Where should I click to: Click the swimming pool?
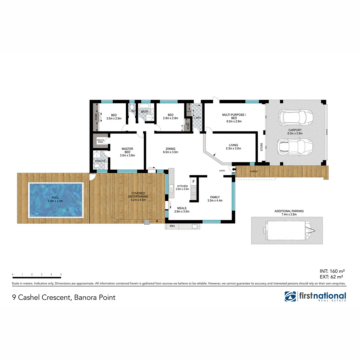click(56, 200)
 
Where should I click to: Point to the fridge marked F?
click(193, 182)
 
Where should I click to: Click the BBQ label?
click(172, 226)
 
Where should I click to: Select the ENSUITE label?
click(100, 161)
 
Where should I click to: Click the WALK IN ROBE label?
click(100, 141)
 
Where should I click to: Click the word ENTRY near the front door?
click(222, 171)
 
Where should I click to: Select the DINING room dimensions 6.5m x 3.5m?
click(170, 152)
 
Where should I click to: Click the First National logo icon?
click(290, 296)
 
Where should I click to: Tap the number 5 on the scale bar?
click(61, 274)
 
